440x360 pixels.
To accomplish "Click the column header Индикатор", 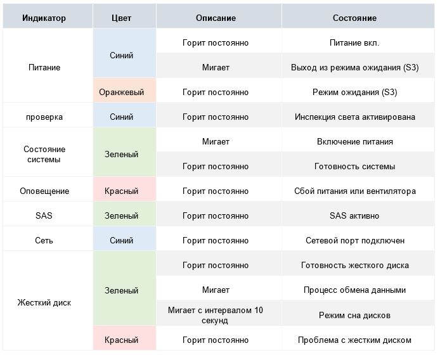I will point(44,18).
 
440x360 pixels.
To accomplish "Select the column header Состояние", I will point(354,18).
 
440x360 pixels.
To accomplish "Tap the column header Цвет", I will point(121,18).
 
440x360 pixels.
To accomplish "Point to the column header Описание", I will point(216,18).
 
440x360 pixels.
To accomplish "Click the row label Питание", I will point(44,67).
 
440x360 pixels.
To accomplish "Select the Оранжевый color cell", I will point(121,92).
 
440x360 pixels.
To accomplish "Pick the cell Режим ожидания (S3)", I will point(354,92).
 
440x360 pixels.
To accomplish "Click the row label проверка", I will point(44,117).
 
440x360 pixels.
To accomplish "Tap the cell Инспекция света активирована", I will point(354,117).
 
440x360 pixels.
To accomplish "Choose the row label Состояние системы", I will point(44,154).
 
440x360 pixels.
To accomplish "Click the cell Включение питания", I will point(354,141).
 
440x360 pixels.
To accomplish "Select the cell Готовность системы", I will point(354,166).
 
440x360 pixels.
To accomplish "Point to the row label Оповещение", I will point(44,191).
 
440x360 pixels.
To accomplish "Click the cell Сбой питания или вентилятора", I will point(354,191).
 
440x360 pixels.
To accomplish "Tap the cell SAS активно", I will point(354,215).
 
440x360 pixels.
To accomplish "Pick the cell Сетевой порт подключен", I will point(354,240).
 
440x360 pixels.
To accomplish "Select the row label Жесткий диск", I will point(44,302).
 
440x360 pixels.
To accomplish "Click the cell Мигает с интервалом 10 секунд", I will point(216,315).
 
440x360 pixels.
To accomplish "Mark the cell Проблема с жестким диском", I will point(354,340).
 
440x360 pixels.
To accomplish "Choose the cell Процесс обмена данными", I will point(354,290).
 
